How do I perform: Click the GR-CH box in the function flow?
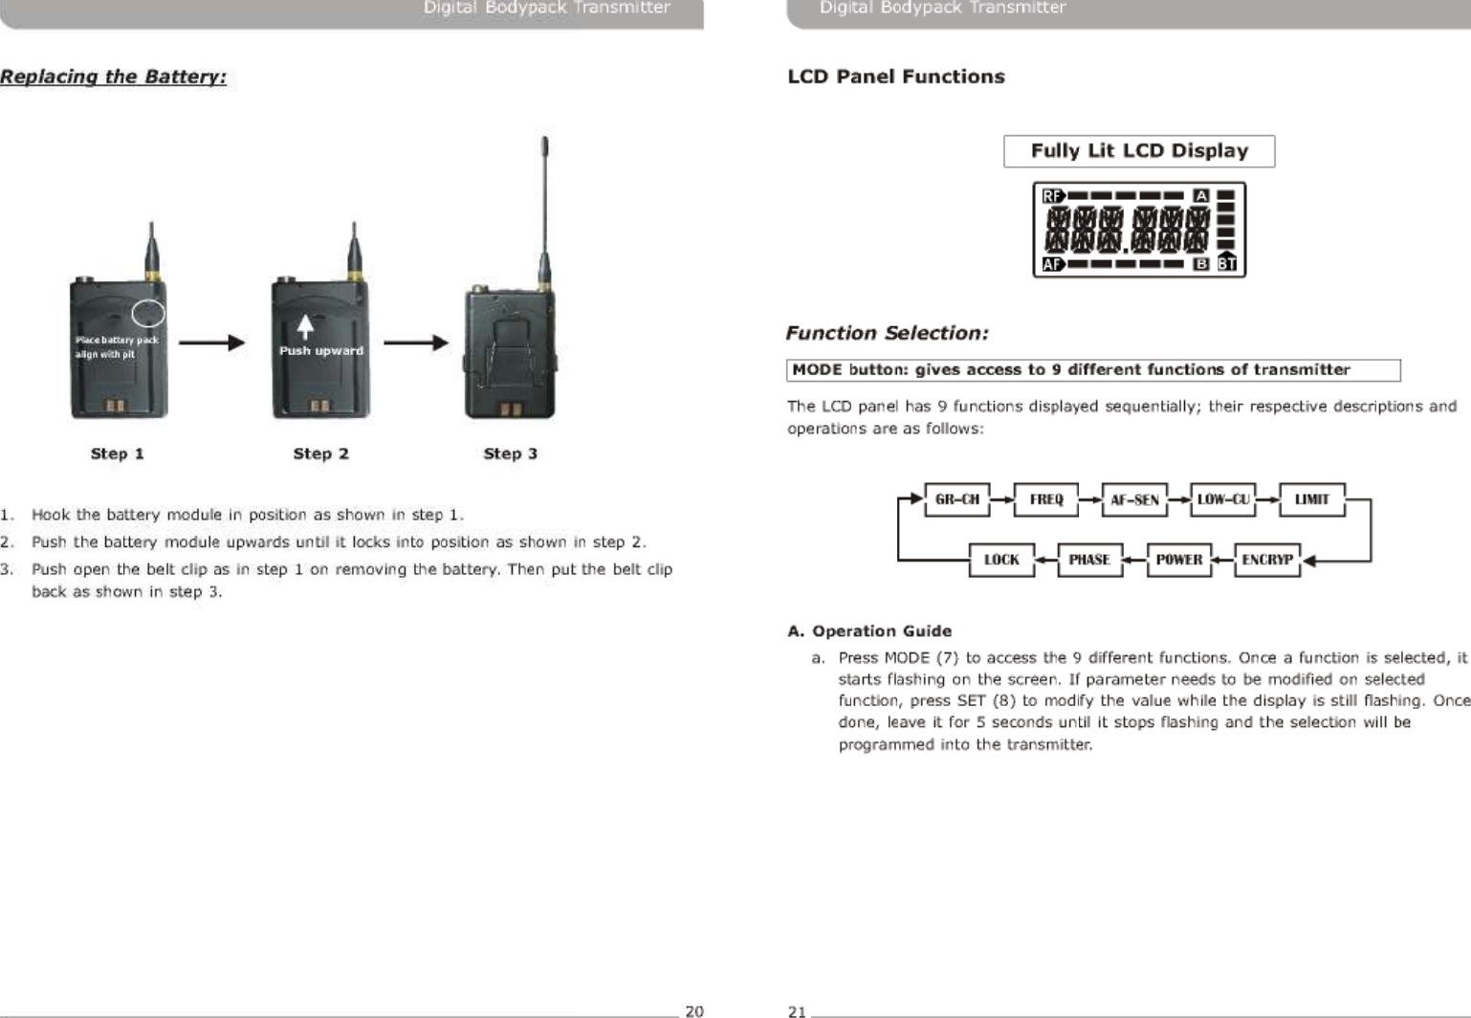pyautogui.click(x=956, y=499)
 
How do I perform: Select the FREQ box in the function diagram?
pyautogui.click(x=1045, y=499)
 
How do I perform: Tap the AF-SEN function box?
pyautogui.click(x=1134, y=499)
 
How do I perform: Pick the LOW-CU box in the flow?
pyautogui.click(x=1223, y=499)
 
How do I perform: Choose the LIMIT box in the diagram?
pyautogui.click(x=1311, y=499)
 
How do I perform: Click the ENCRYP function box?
pyautogui.click(x=1267, y=560)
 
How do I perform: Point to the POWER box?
pyautogui.click(x=1178, y=560)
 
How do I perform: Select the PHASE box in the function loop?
pyautogui.click(x=1089, y=560)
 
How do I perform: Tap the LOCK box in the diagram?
pyautogui.click(x=1001, y=560)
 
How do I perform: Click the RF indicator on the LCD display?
pyautogui.click(x=1053, y=196)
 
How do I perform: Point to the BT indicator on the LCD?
pyautogui.click(x=1226, y=263)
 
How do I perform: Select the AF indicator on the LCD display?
pyautogui.click(x=1053, y=264)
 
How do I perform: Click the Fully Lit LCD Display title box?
pyautogui.click(x=1139, y=151)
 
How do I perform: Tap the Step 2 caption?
pyautogui.click(x=320, y=454)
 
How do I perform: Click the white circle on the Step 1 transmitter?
pyautogui.click(x=148, y=313)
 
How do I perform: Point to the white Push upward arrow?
pyautogui.click(x=305, y=327)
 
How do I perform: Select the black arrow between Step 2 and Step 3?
pyautogui.click(x=415, y=343)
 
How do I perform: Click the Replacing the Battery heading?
pyautogui.click(x=114, y=77)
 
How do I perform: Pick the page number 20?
pyautogui.click(x=694, y=1010)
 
